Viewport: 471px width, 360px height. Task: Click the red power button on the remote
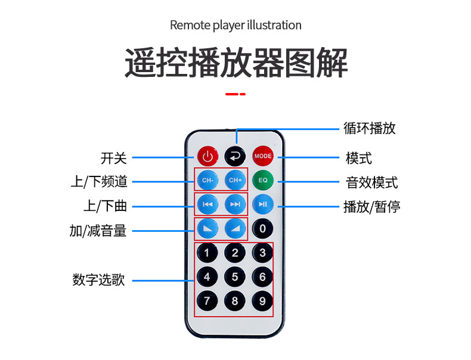point(207,157)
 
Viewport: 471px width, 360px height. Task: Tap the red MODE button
point(262,156)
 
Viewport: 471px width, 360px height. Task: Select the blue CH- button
point(207,180)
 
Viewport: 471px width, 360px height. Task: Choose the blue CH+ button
point(235,180)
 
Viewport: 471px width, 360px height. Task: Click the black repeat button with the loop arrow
point(235,157)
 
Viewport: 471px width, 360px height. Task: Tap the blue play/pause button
point(262,204)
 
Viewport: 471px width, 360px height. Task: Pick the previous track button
point(207,204)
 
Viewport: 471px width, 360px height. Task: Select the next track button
point(235,204)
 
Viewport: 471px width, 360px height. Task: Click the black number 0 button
point(262,228)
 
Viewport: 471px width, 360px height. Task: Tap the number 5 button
point(235,277)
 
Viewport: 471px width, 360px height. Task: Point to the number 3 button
point(262,253)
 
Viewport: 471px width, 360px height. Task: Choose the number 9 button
point(262,301)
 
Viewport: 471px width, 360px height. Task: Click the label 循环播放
point(370,128)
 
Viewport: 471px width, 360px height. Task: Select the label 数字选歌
point(99,280)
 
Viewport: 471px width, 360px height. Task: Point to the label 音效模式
point(372,182)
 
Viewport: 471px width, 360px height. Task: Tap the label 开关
point(114,158)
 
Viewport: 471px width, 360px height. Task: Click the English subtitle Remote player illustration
point(235,25)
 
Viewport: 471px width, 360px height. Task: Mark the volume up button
point(235,228)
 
